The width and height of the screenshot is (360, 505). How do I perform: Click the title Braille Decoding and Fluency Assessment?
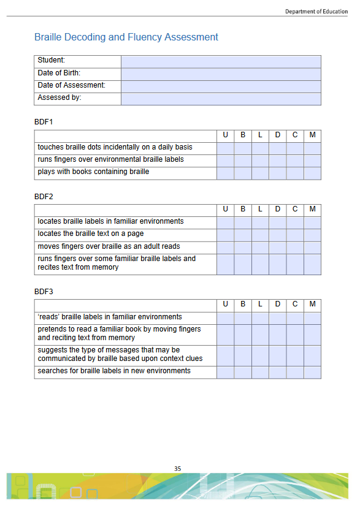(126, 37)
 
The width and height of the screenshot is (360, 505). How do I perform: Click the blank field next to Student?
(221, 61)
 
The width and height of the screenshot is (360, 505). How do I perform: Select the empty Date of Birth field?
(221, 74)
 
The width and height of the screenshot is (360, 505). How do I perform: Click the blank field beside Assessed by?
(221, 99)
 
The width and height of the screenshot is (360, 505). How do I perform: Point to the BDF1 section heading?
(44, 122)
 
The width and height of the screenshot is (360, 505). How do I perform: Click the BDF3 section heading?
(44, 292)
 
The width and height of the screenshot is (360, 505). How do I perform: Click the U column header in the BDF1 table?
(225, 135)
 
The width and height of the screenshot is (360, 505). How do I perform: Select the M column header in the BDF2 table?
(312, 209)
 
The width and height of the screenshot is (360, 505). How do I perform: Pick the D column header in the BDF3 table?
(278, 305)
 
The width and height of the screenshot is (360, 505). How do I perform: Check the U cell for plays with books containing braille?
(225, 173)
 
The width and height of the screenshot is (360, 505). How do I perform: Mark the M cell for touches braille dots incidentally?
(312, 148)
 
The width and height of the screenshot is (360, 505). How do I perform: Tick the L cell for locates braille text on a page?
(260, 235)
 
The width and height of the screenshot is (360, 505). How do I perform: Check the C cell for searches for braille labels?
(295, 372)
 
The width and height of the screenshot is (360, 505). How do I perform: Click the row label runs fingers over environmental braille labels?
(110, 160)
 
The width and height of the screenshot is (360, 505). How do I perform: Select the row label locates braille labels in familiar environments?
(110, 222)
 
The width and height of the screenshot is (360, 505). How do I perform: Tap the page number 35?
(178, 469)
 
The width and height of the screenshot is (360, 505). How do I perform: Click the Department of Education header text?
(316, 12)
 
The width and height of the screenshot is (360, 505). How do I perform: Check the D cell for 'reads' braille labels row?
(278, 317)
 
